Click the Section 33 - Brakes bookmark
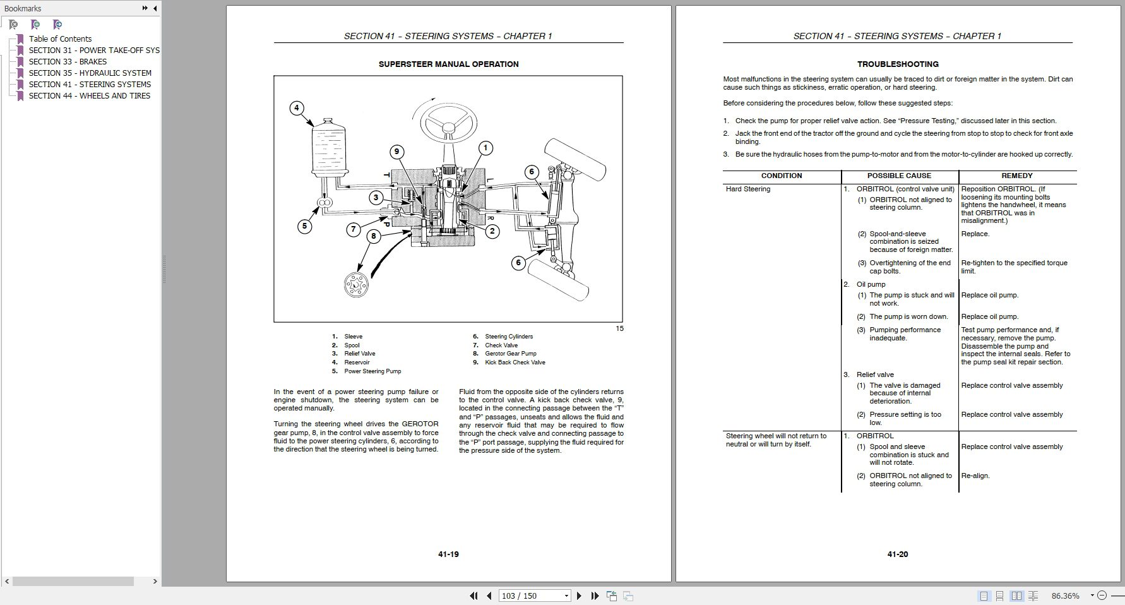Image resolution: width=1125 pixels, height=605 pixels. tap(67, 61)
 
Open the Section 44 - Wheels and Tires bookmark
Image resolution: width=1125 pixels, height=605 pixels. tap(89, 95)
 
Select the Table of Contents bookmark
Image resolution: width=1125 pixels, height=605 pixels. tap(60, 39)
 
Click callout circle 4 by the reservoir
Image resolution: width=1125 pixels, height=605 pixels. tap(297, 108)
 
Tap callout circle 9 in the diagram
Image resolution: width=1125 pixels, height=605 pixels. tap(396, 152)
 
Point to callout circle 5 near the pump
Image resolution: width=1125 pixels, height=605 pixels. tap(304, 225)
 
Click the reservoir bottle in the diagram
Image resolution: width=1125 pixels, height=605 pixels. tap(328, 146)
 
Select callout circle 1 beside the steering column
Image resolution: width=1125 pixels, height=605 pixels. tap(485, 148)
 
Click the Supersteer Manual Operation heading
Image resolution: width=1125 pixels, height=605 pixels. tap(448, 64)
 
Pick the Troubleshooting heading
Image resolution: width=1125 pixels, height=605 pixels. tap(897, 64)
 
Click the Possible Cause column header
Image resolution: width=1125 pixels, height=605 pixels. tap(899, 176)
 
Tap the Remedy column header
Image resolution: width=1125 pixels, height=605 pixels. tap(1016, 176)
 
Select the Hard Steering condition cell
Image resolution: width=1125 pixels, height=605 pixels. tap(748, 189)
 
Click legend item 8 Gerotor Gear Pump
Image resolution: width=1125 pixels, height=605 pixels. tap(510, 354)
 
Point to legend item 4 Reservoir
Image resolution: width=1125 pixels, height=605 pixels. tap(357, 362)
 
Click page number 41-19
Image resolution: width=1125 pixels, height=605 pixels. tap(448, 554)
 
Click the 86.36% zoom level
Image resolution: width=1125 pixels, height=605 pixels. tap(1065, 596)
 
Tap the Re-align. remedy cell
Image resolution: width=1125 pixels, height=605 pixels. tap(975, 476)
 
